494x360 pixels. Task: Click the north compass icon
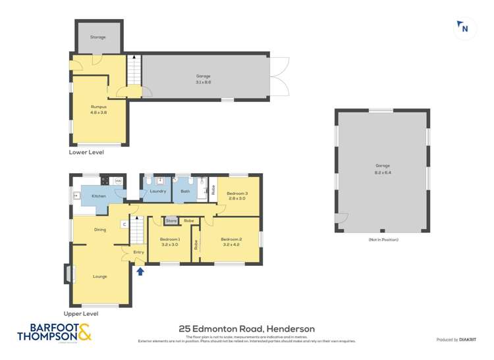464,28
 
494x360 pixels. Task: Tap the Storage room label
98,38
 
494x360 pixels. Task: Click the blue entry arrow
140,270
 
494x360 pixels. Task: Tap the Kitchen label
99,196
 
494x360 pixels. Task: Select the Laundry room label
157,192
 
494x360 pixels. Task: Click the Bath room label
186,192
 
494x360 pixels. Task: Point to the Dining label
100,230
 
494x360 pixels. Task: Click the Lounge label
100,276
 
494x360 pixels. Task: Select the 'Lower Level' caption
86,152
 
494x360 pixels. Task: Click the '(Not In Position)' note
383,240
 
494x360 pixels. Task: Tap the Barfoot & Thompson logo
54,332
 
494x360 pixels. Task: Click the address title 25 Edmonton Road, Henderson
246,328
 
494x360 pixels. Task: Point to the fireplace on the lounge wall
67,274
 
